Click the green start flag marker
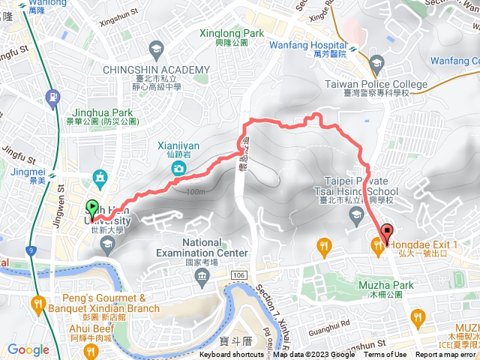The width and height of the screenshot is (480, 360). tap(92, 208)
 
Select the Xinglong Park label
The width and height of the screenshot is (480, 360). tap(232, 34)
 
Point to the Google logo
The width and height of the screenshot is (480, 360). tap(28, 349)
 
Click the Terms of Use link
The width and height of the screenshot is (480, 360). tap(385, 355)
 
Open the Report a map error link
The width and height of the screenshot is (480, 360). tap(445, 355)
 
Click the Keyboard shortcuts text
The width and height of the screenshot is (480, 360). tap(231, 355)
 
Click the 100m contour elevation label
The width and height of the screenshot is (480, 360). tap(198, 192)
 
